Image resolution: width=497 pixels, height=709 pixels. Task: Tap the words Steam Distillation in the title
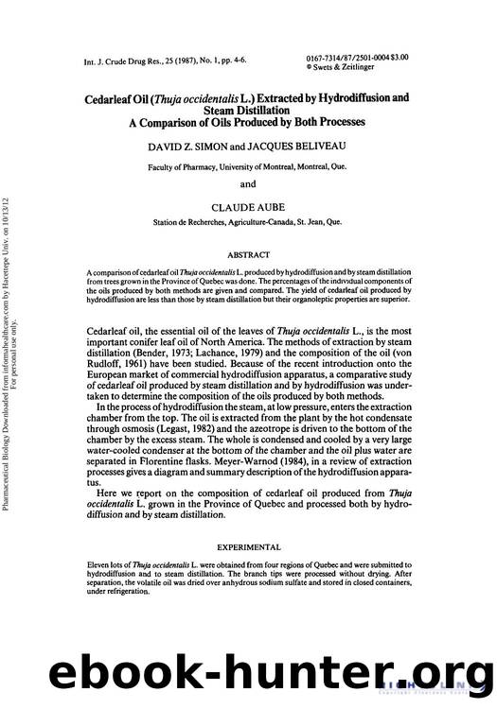pos(249,108)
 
